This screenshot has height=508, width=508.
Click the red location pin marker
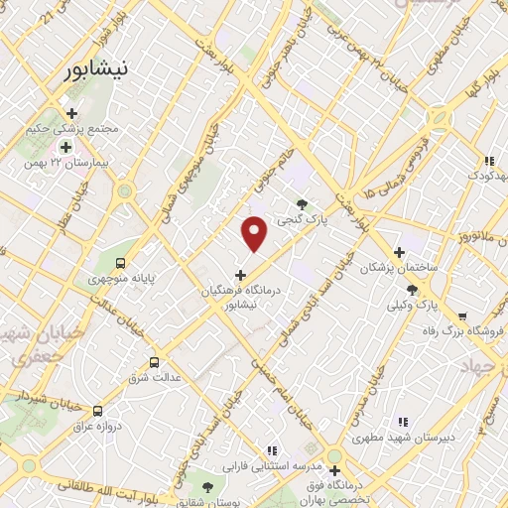pos(255,233)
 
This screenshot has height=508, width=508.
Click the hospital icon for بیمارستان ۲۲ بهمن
pos(65,147)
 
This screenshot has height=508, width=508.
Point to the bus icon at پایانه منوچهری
pos(120,264)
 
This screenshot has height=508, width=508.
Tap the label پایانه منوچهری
pos(126,280)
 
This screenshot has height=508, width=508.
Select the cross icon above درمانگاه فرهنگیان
pos(240,274)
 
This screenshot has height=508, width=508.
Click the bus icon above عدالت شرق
pos(153,362)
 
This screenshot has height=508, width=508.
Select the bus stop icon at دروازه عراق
pos(96,410)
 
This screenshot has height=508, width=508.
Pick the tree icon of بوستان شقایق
pos(206,486)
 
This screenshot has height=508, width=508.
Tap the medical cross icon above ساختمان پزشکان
pos(400,253)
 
